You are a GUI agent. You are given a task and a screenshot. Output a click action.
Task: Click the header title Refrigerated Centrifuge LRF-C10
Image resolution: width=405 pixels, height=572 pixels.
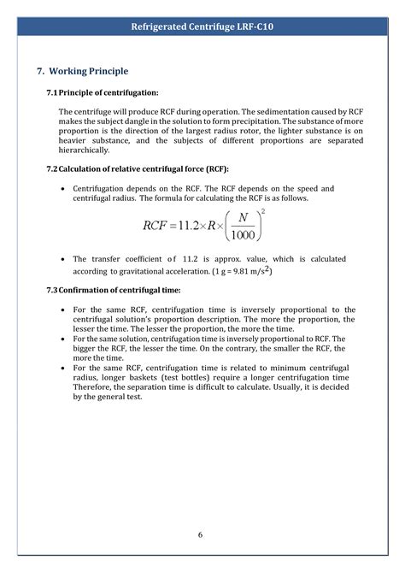(202, 27)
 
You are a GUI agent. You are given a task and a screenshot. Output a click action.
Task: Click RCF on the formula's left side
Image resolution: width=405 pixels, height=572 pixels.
(158, 227)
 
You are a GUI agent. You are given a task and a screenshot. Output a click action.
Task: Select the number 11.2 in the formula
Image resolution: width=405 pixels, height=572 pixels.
(197, 227)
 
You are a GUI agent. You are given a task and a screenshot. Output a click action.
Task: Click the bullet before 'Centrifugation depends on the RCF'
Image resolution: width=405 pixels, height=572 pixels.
(65, 188)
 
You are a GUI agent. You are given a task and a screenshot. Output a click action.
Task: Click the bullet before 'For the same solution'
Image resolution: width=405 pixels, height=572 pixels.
(65, 339)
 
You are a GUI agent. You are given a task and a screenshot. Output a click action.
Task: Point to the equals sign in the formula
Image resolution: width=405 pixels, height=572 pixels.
(180, 227)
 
